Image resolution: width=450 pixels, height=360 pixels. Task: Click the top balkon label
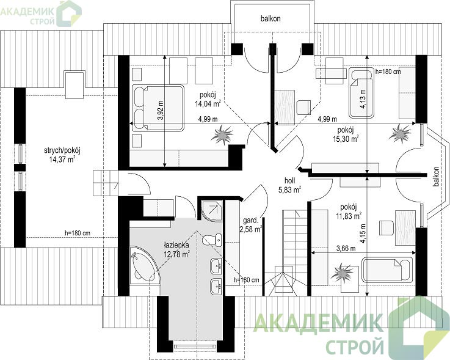click(270, 19)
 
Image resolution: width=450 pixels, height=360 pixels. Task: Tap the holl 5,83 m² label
click(289, 185)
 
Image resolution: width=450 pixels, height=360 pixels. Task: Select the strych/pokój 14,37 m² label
click(62, 155)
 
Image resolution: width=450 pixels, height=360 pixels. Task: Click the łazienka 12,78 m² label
click(176, 249)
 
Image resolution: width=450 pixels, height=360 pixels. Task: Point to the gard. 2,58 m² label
click(251, 225)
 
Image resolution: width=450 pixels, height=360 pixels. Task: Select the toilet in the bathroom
click(212, 240)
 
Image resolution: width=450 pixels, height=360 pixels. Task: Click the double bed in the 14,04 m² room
click(158, 108)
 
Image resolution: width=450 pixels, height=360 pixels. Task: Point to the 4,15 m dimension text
click(363, 233)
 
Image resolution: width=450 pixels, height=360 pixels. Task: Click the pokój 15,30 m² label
click(347, 134)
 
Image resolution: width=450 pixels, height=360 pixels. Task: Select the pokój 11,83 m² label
click(349, 211)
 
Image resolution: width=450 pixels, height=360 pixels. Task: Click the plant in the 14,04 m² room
click(222, 134)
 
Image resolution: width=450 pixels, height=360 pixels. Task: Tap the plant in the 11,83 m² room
click(342, 272)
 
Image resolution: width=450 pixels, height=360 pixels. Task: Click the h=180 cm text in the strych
click(78, 233)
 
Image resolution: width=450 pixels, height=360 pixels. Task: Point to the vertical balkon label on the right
click(436, 177)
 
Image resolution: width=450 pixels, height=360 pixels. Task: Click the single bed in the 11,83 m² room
click(388, 270)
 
